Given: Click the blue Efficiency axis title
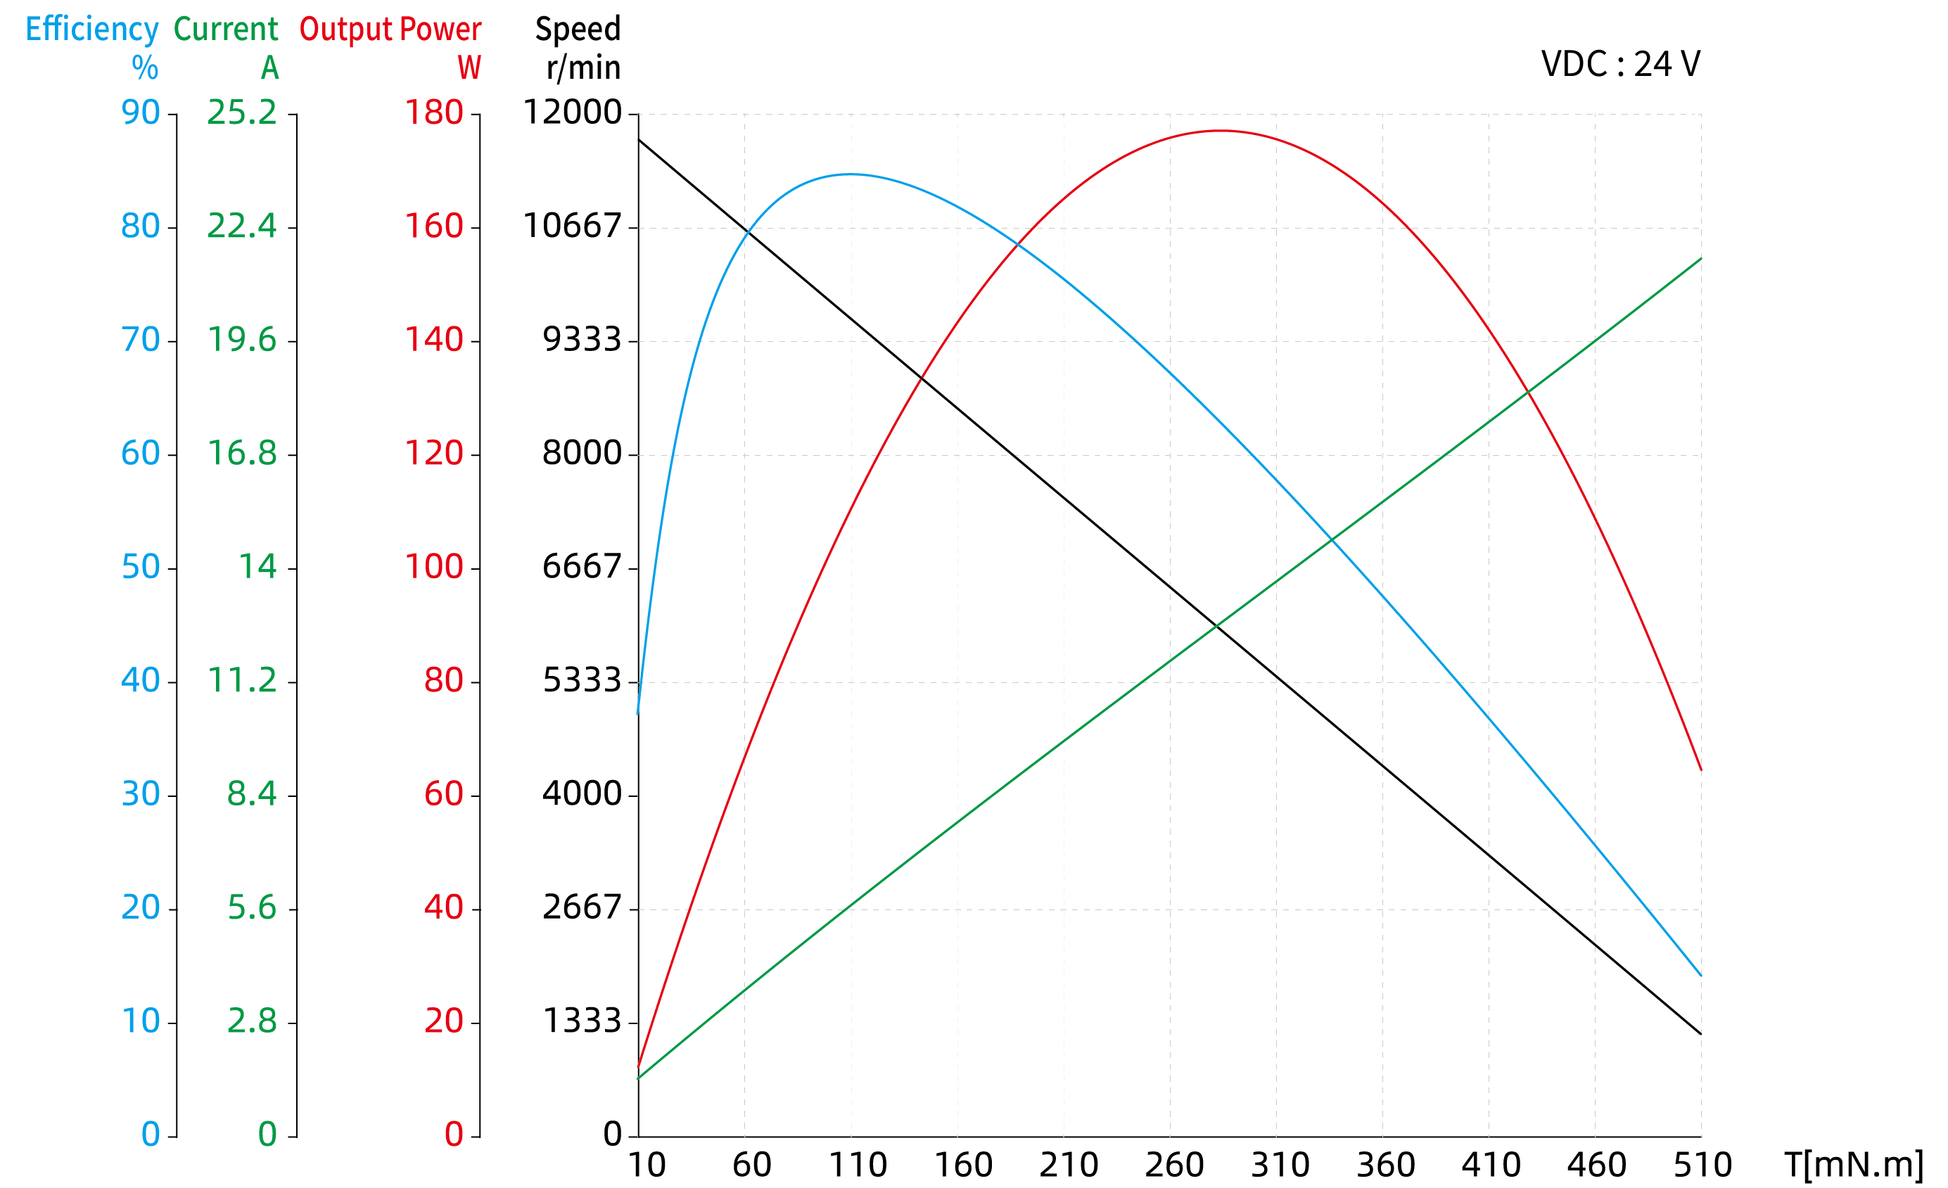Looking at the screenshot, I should click(x=91, y=30).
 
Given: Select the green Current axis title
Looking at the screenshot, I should click(x=225, y=30).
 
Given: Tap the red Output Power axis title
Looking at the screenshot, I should click(x=390, y=30).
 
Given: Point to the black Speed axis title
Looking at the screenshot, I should click(x=578, y=30).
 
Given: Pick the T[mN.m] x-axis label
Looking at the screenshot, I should click(x=1853, y=1164).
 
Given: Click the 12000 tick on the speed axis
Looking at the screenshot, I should click(x=573, y=113).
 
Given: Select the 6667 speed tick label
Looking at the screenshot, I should click(x=582, y=567).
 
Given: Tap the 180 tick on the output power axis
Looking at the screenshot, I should click(x=433, y=113).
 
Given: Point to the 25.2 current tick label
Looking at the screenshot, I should click(x=242, y=113).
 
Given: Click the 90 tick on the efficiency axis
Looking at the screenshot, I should click(x=140, y=113).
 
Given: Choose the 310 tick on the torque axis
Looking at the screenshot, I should click(x=1280, y=1165).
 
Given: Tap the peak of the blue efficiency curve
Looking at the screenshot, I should click(x=850, y=174).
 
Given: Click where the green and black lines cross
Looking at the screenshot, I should click(x=1217, y=625).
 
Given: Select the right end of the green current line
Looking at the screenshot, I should click(x=1700, y=258).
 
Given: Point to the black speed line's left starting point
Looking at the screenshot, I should click(x=639, y=140).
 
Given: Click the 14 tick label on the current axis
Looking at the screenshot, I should click(x=257, y=567).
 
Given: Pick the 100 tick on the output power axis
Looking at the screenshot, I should click(x=433, y=567).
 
